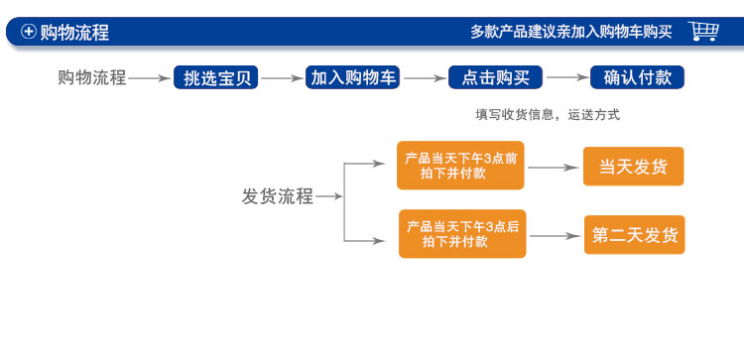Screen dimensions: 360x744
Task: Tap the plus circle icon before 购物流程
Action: pos(29,32)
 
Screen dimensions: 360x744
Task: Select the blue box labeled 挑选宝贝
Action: pos(217,77)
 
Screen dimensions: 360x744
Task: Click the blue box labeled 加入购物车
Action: pos(350,77)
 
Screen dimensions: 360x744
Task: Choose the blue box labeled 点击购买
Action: pos(495,77)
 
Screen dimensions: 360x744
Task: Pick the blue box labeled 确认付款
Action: pos(637,77)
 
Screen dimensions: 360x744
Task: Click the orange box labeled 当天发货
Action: pos(633,167)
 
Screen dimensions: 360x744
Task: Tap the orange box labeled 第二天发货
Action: pos(634,235)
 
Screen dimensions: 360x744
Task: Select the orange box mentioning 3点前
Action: pos(461,166)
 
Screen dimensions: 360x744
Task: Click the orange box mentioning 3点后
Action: pos(462,234)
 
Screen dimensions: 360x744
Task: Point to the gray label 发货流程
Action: pos(278,195)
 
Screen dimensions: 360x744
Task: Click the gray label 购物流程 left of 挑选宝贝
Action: pos(92,77)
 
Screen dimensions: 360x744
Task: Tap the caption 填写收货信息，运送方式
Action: pos(548,115)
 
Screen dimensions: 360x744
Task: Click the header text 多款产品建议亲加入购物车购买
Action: pos(570,31)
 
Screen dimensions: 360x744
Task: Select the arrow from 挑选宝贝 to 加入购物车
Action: pos(283,77)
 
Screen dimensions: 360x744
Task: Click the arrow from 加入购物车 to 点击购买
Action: pos(426,77)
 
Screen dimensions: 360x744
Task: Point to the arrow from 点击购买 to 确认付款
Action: pos(568,77)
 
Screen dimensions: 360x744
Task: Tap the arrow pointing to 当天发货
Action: pos(555,167)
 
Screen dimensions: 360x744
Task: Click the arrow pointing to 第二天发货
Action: pos(557,235)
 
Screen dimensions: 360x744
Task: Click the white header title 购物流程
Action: pos(74,32)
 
